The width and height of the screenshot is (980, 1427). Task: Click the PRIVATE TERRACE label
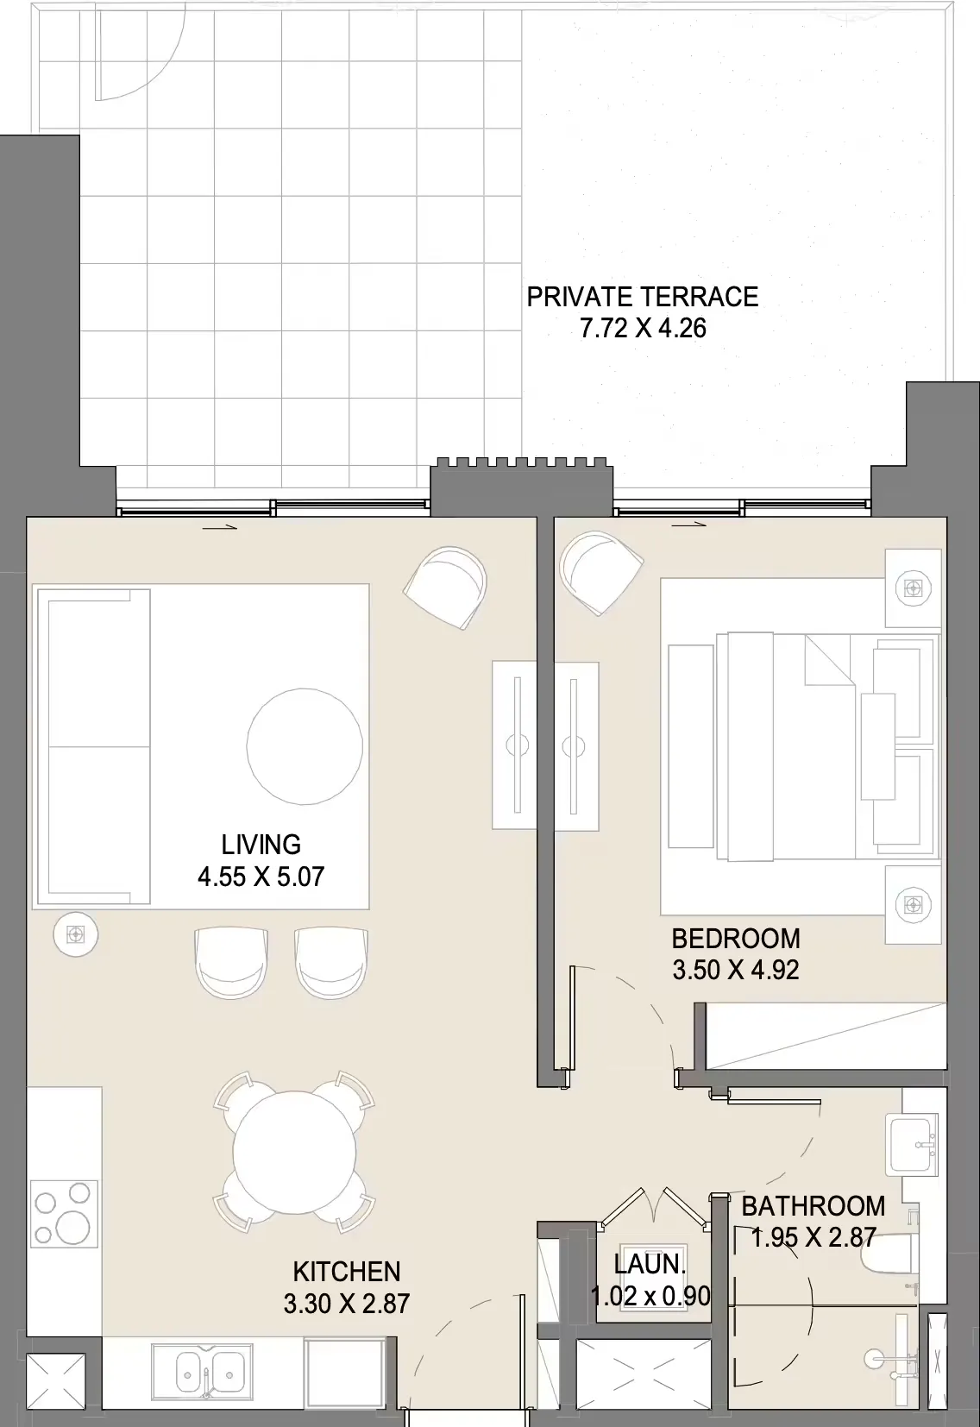[643, 297]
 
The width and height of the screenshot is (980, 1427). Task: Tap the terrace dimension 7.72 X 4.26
[643, 328]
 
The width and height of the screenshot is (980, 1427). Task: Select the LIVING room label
[261, 845]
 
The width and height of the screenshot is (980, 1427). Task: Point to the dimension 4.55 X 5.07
[261, 877]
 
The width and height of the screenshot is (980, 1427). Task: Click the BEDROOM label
[736, 939]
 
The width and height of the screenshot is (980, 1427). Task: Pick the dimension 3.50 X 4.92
[736, 971]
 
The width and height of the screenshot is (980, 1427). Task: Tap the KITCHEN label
[348, 1272]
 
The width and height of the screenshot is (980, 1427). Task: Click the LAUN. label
[650, 1265]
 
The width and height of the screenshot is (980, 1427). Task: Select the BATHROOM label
[814, 1206]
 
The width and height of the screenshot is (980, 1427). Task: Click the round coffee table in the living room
[305, 746]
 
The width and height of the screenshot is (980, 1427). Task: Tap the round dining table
[294, 1153]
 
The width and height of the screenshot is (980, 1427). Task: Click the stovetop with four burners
[64, 1213]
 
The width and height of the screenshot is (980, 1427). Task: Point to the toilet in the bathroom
[890, 1260]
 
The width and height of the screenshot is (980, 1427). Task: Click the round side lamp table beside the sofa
[76, 934]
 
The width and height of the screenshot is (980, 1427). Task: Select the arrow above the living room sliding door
[220, 527]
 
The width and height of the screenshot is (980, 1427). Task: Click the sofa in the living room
[94, 746]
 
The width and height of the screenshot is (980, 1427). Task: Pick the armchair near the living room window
[445, 588]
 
